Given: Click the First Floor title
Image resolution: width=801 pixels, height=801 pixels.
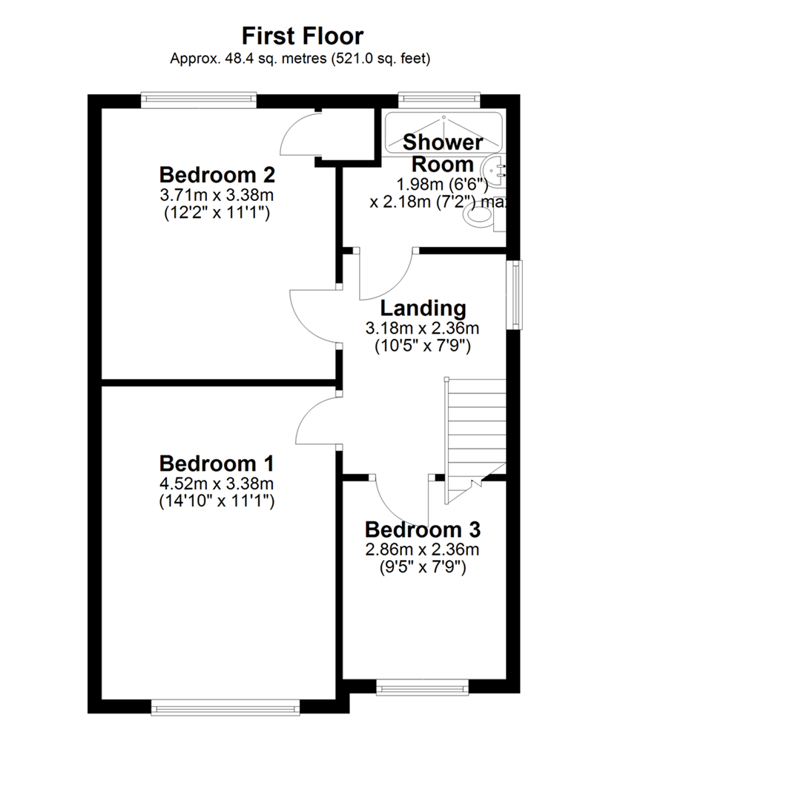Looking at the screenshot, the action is pos(303,36).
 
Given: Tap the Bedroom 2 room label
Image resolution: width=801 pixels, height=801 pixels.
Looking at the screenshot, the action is pos(217,175).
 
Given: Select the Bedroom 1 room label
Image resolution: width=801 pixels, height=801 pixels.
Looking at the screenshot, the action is pos(217,464).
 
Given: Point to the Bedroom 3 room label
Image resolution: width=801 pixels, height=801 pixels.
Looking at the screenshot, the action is pos(423,530).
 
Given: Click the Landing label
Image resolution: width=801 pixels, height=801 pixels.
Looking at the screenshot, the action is pos(423,309).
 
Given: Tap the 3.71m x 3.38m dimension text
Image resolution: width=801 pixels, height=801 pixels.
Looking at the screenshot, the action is pos(217,194).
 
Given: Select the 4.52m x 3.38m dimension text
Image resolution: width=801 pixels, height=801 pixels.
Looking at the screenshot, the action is pos(217,484).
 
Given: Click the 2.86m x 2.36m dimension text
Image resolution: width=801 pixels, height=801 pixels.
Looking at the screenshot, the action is pos(423,550).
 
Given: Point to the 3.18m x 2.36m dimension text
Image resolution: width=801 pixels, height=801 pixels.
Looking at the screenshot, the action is pos(423,328).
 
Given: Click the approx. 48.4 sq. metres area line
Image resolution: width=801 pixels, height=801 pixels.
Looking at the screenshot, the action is pos(300,59).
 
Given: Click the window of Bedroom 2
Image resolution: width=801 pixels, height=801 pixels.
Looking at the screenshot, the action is pos(199,100).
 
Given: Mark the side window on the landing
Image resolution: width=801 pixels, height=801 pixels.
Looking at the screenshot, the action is pos(515,294).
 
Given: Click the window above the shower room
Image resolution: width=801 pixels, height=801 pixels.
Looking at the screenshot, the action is pos(439,100).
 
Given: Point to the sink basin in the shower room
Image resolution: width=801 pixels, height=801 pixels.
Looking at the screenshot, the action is pos(496,168).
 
